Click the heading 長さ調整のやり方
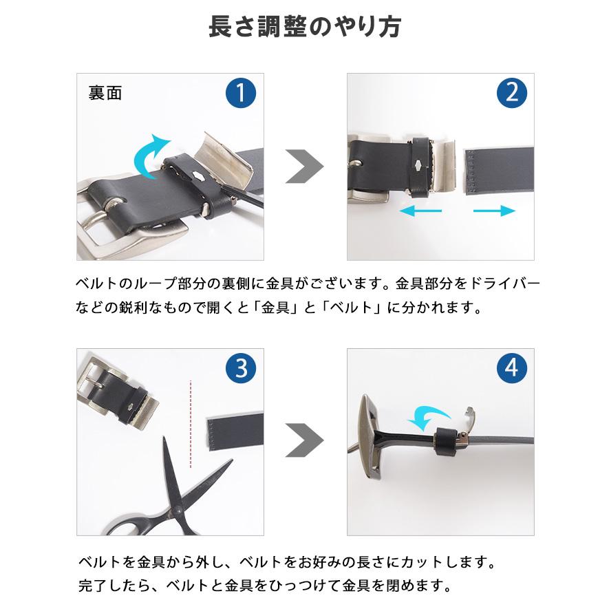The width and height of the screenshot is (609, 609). pyautogui.click(x=304, y=28)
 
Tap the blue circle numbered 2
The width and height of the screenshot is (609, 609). pyautogui.click(x=511, y=93)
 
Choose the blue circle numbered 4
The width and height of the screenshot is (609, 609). pyautogui.click(x=511, y=370)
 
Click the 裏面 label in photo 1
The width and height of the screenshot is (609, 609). pyautogui.click(x=105, y=93)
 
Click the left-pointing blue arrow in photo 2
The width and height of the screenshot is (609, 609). pyautogui.click(x=420, y=211)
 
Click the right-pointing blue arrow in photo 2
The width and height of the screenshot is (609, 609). pyautogui.click(x=494, y=211)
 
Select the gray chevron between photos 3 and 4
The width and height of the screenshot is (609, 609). pyautogui.click(x=303, y=441)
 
